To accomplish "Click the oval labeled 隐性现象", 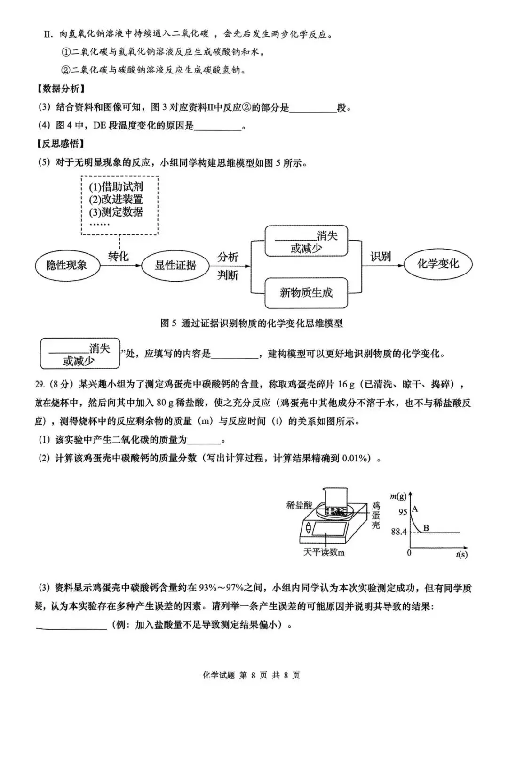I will (x=67, y=265).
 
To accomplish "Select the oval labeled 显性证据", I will (x=175, y=265).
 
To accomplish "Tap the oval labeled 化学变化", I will (x=438, y=264).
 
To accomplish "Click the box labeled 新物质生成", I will (x=306, y=292).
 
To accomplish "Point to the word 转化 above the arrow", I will (x=118, y=256).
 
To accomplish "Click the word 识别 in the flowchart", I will (x=380, y=257).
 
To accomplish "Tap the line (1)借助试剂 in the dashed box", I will (x=116, y=186).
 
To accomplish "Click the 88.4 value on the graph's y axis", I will (x=398, y=532).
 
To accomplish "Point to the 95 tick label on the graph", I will (x=403, y=512).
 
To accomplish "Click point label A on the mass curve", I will (x=415, y=509).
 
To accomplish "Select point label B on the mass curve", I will (x=426, y=528).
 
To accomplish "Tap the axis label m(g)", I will (x=398, y=496).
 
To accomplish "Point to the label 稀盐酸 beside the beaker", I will (x=299, y=505).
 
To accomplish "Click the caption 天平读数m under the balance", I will (x=324, y=552).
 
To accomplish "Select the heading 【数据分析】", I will (x=61, y=89).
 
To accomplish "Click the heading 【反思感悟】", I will (x=61, y=144).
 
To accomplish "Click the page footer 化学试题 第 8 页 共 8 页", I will (x=251, y=675).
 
